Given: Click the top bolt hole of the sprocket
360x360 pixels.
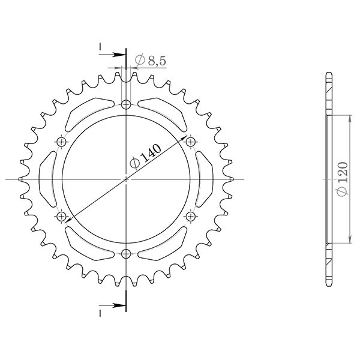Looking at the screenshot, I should [125, 106].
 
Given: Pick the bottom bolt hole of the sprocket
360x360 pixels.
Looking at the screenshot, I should [125, 253].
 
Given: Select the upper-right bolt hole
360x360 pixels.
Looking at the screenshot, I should [190, 142].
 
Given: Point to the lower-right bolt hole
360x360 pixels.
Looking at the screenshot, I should [190, 215].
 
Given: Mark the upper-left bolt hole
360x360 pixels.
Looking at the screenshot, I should [61, 142].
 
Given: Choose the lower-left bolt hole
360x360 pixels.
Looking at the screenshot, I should [61, 215].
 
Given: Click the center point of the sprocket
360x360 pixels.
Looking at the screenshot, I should [125, 179].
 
